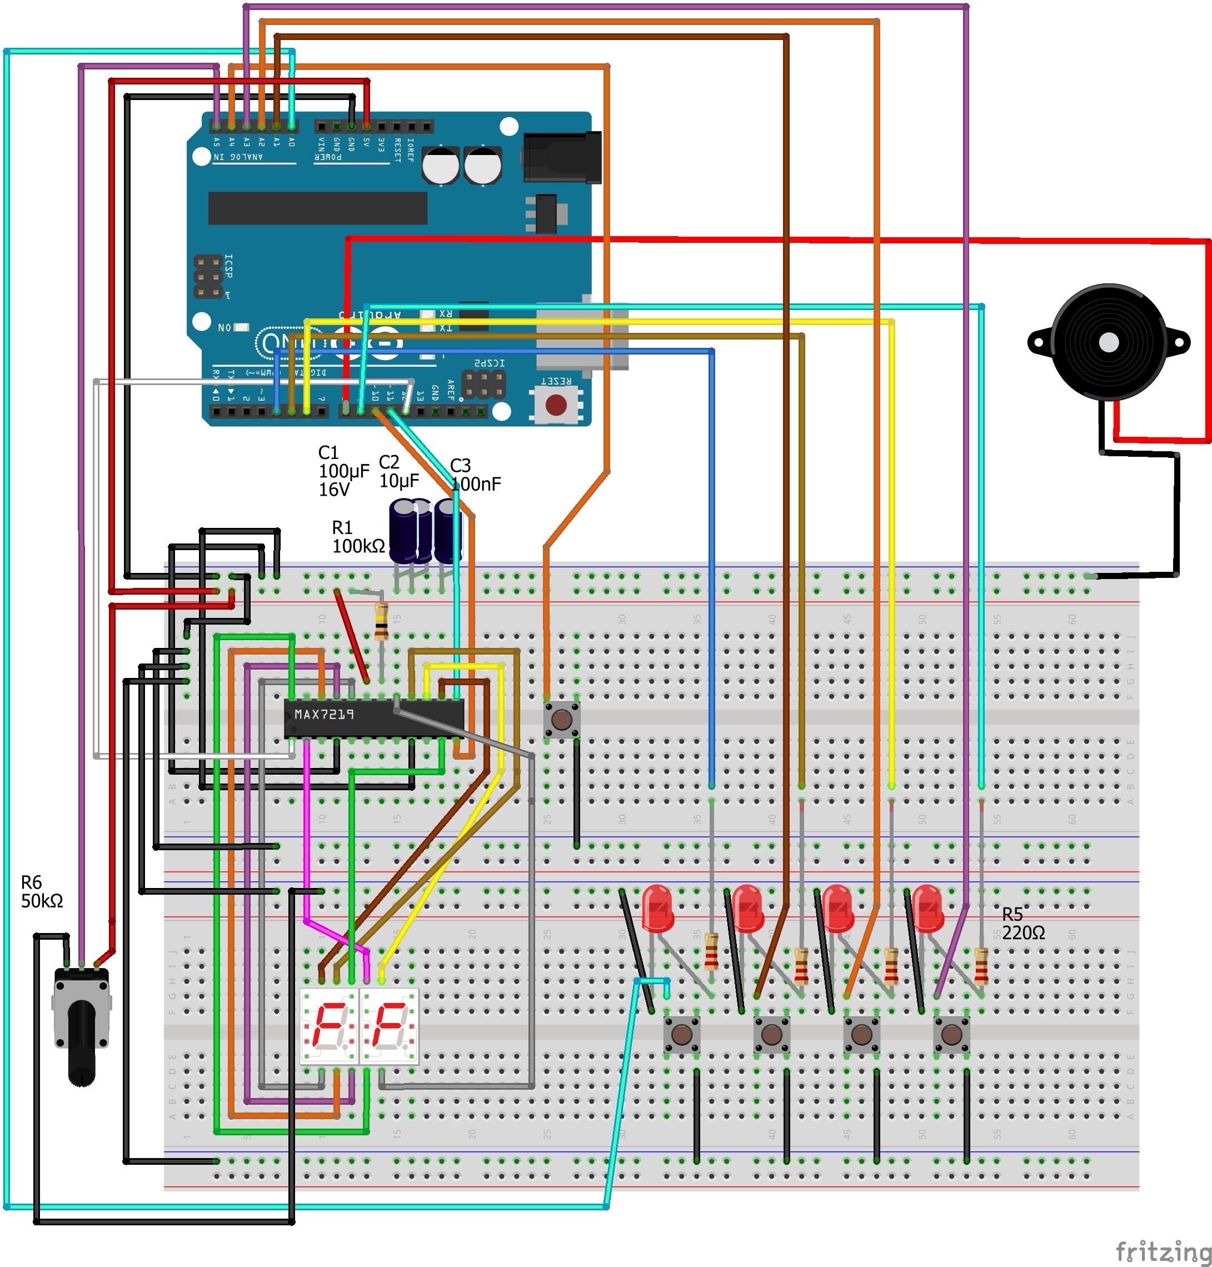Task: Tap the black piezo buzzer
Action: (x=1108, y=342)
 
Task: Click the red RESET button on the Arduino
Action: (x=556, y=405)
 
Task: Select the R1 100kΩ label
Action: (x=357, y=537)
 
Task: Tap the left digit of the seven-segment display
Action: (x=330, y=1025)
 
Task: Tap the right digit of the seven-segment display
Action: (x=389, y=1025)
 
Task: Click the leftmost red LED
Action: (x=658, y=908)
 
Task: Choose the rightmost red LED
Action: (x=927, y=908)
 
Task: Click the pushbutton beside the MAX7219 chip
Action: (x=561, y=719)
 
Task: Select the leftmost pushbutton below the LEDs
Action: (x=682, y=1034)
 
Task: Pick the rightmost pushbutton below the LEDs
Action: (x=951, y=1034)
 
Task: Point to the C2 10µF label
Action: (x=398, y=471)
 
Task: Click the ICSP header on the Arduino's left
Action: (x=208, y=277)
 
